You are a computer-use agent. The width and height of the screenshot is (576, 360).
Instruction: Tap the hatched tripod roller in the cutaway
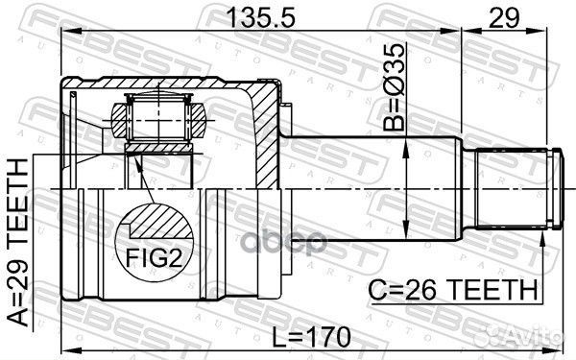[x=158, y=121]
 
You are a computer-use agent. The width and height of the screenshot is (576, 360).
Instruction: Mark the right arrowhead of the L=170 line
[x=557, y=351]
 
